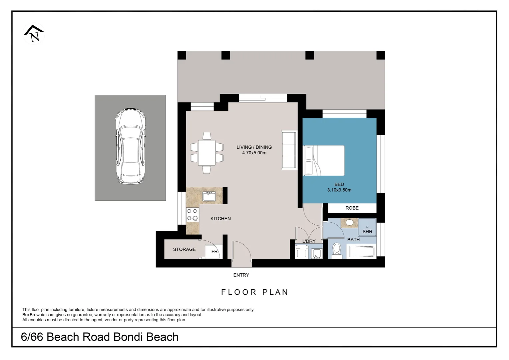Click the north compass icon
click(x=34, y=34)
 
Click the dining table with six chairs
click(x=207, y=153)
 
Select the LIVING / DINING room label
click(x=254, y=147)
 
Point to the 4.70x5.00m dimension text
click(x=254, y=153)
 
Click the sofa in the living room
click(x=289, y=150)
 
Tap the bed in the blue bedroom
click(x=324, y=160)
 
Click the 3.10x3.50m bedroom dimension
click(x=339, y=190)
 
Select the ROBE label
click(x=352, y=208)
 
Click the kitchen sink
click(x=209, y=196)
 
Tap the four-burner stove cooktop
click(x=192, y=215)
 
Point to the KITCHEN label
click(x=221, y=219)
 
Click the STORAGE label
click(x=184, y=249)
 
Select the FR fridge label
click(x=215, y=252)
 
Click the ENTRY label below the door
click(x=241, y=275)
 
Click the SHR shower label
click(x=367, y=231)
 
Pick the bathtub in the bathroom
click(x=361, y=252)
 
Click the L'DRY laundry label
click(x=309, y=241)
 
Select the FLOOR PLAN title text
click(x=254, y=292)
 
